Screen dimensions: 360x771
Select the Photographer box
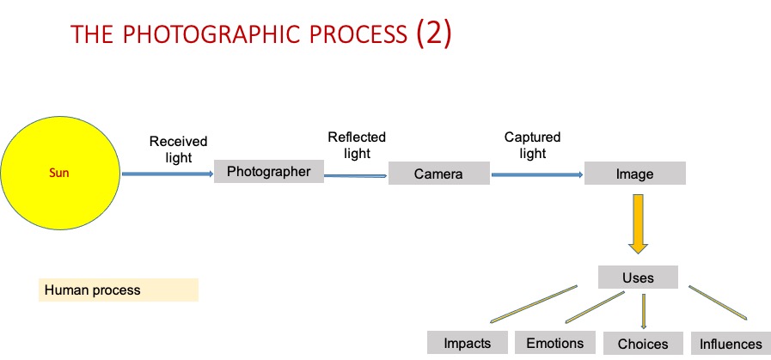pos(268,172)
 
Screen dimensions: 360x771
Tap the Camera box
pos(438,174)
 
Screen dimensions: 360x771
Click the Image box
pos(634,174)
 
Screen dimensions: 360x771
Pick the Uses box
pos(638,278)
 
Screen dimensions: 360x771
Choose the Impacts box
pos(468,343)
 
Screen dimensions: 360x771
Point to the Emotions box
pos(554,343)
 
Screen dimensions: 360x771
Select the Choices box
pos(642,344)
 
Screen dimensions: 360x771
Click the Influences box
pos(731,344)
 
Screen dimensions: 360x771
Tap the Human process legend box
pos(119,290)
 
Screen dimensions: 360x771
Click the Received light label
pos(178,149)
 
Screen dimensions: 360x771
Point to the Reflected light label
pos(357,145)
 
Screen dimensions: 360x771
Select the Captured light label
pos(532,145)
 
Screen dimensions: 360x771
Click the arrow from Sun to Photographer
pos(168,174)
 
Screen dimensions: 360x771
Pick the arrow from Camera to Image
pos(537,174)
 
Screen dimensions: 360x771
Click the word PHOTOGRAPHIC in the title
pos(244,36)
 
